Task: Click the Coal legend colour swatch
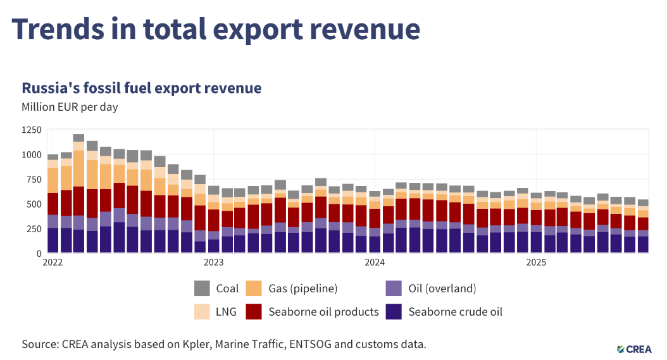pyautogui.click(x=202, y=289)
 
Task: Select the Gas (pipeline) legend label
pyautogui.click(x=303, y=289)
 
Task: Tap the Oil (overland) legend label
pyautogui.click(x=442, y=289)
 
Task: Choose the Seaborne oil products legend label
pyautogui.click(x=323, y=311)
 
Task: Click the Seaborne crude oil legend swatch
pyautogui.click(x=394, y=311)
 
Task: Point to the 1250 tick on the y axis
pyautogui.click(x=31, y=130)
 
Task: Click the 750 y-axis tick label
pyautogui.click(x=34, y=180)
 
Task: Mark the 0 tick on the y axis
pyautogui.click(x=39, y=253)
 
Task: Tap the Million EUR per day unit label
pyautogui.click(x=70, y=107)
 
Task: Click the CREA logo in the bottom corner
pyautogui.click(x=639, y=349)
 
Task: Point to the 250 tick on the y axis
pyautogui.click(x=34, y=228)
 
